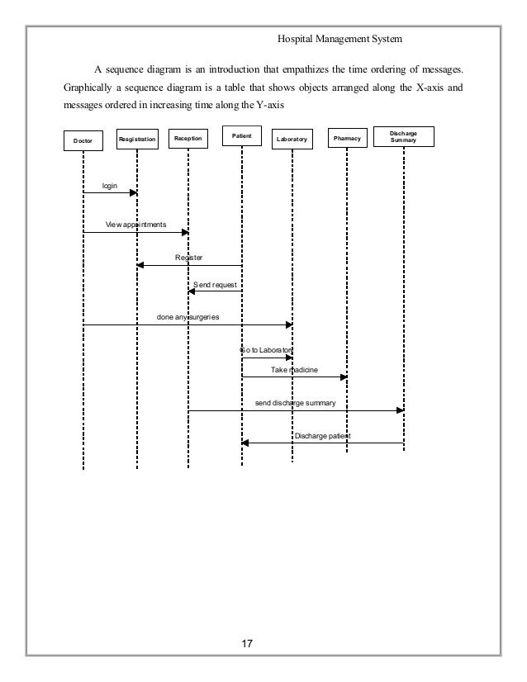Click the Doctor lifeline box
click(x=83, y=141)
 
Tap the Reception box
click(x=188, y=138)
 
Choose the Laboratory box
click(x=292, y=140)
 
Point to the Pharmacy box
click(x=346, y=138)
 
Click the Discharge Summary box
click(x=403, y=137)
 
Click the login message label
click(x=109, y=186)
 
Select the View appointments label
click(x=135, y=225)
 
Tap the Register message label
click(x=189, y=258)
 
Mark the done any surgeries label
click(x=188, y=317)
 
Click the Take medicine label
click(x=294, y=370)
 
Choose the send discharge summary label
click(x=295, y=403)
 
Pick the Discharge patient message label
click(x=322, y=435)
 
